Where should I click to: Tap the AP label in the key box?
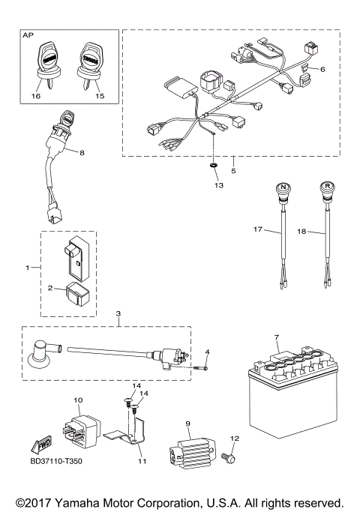coord(28,35)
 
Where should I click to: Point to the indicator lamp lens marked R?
coord(328,187)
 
